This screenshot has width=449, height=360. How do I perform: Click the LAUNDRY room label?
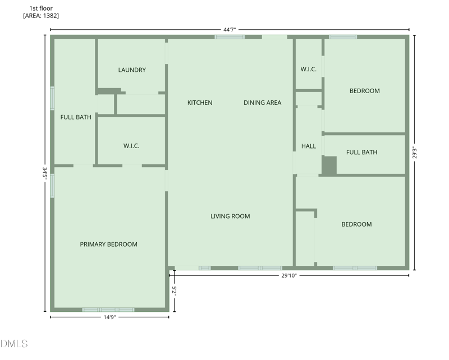(132, 70)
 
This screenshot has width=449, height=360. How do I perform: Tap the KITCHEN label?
(200, 103)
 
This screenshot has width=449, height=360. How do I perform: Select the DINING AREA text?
(262, 103)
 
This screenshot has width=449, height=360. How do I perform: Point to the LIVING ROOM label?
(230, 216)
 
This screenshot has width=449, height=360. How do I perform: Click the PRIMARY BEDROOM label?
(108, 244)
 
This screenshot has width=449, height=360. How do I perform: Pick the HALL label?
(309, 146)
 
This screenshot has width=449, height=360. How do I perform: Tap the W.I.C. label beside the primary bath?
(131, 146)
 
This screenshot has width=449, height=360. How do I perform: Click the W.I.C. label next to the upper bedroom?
(309, 70)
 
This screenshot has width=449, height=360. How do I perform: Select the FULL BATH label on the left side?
(76, 117)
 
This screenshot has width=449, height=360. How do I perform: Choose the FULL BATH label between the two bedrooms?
(361, 153)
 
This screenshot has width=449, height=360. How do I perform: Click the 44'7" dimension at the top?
(231, 29)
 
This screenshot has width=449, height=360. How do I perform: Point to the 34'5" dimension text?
(44, 172)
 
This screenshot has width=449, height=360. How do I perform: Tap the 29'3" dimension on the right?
(415, 153)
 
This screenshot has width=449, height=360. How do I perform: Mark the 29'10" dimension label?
(288, 275)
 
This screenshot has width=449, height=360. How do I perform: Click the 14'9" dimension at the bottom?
(110, 317)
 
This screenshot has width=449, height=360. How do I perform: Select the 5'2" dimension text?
(175, 290)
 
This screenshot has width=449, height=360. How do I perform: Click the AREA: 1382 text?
(41, 16)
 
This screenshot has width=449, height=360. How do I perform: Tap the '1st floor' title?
(41, 8)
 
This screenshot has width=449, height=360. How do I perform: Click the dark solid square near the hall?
(329, 165)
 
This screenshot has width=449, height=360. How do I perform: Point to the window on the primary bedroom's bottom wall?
(108, 310)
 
